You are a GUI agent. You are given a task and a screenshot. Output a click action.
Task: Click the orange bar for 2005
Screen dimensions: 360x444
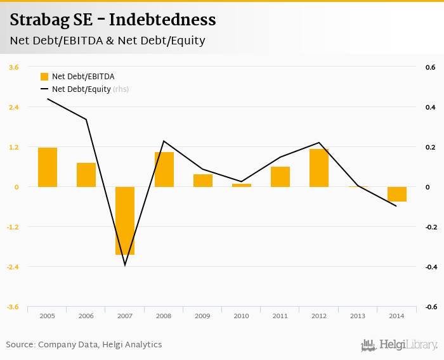point(48,167)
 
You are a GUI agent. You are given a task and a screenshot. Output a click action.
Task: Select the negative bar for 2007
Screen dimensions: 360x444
point(125,221)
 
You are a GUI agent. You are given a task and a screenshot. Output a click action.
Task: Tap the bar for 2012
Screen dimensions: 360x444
point(319,168)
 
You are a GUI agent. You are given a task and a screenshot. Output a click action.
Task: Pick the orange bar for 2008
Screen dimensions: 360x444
point(164,169)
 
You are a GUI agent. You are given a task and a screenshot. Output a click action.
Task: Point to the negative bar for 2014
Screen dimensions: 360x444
point(397,194)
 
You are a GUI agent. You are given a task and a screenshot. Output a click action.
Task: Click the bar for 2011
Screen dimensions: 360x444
point(280,177)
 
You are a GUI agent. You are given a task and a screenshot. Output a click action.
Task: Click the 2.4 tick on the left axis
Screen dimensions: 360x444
point(13,107)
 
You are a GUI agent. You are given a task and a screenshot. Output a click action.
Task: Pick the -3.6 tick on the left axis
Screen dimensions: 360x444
point(13,307)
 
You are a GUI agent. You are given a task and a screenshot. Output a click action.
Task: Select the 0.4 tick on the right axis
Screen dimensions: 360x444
point(429,107)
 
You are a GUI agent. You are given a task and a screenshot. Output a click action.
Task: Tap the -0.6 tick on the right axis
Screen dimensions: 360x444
point(431,307)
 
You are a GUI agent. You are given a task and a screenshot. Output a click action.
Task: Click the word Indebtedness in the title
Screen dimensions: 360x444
point(163,20)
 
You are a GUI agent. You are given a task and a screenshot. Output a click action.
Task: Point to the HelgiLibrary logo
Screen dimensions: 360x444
point(399,345)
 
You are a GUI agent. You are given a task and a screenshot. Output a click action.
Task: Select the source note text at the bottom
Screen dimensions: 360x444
point(84,345)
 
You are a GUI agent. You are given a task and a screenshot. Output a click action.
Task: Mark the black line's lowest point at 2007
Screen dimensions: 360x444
point(125,265)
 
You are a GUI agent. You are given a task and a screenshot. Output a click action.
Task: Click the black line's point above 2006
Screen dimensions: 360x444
point(86,119)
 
